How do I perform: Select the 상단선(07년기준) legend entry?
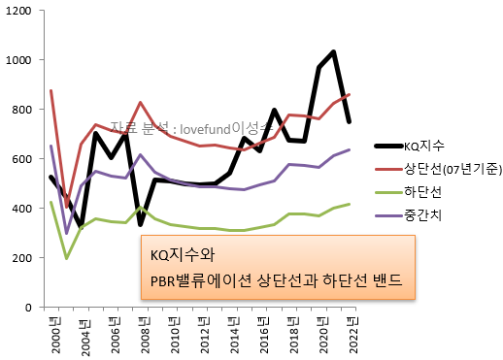(452, 170)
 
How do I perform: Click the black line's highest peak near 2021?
(334, 51)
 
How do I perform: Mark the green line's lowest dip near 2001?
(65, 258)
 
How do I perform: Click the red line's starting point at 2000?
(50, 90)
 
